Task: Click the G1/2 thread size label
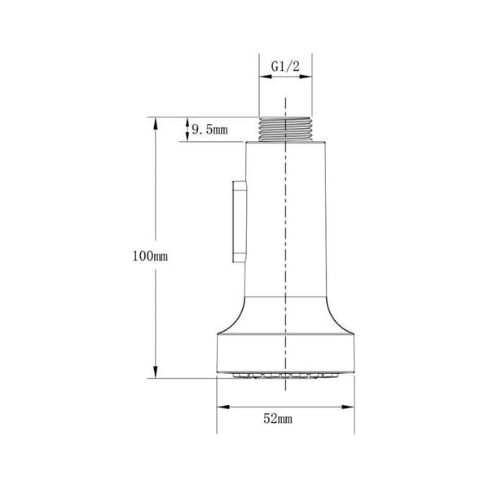click(x=285, y=67)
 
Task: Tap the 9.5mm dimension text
click(x=209, y=129)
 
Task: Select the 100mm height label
click(x=150, y=257)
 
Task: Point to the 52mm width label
click(x=278, y=419)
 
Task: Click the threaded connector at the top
click(x=286, y=130)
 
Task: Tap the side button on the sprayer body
click(x=240, y=222)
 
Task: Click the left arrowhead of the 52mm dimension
click(x=223, y=407)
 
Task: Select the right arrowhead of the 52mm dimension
click(x=348, y=407)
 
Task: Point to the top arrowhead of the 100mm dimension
click(x=156, y=124)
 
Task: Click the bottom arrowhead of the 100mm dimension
click(x=156, y=372)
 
